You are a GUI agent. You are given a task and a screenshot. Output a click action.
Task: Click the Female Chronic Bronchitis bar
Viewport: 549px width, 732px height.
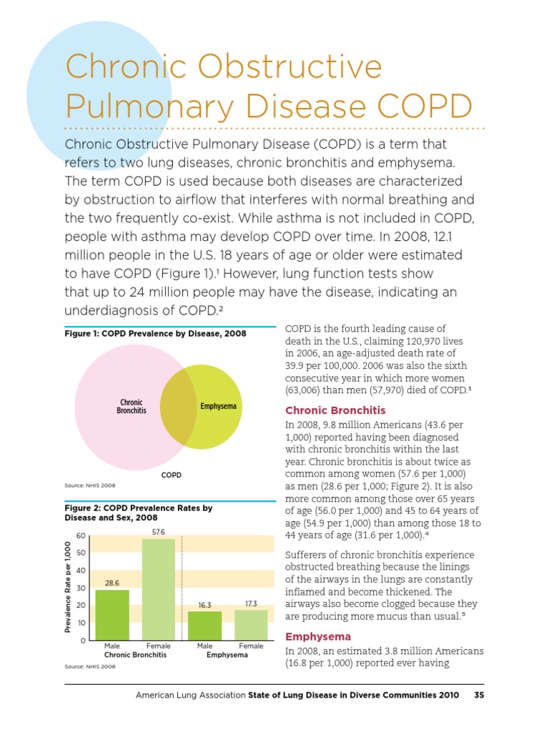click(x=159, y=590)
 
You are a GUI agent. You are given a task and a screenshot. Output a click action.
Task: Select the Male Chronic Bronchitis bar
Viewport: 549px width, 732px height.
click(x=112, y=615)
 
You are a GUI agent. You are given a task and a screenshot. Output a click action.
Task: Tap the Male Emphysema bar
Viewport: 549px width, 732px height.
click(x=204, y=625)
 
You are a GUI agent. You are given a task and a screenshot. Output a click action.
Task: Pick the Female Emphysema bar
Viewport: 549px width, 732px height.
click(x=251, y=625)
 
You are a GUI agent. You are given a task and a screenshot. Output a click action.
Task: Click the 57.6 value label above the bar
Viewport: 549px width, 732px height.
click(x=159, y=532)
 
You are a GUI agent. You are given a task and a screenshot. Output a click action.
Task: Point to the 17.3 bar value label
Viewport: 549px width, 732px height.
click(x=251, y=603)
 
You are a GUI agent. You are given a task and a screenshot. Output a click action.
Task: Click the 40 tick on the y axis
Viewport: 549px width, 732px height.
click(x=81, y=570)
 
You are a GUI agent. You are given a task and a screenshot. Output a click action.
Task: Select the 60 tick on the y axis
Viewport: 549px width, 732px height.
click(x=81, y=535)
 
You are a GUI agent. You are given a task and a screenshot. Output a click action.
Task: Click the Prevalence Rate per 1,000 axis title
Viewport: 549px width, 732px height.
click(x=68, y=587)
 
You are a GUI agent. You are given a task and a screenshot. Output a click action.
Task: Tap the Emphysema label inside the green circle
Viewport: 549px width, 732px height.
click(x=219, y=406)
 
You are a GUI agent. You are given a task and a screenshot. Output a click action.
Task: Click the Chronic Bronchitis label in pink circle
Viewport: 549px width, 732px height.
click(x=132, y=406)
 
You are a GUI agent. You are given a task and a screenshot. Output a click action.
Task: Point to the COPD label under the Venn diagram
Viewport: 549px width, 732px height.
click(x=172, y=475)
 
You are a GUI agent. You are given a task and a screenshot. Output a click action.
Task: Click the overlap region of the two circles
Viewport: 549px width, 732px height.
click(x=179, y=407)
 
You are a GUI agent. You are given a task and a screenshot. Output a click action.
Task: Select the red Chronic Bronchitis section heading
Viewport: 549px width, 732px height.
click(x=335, y=410)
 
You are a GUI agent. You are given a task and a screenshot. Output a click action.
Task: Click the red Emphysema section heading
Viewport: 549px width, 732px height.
click(x=318, y=637)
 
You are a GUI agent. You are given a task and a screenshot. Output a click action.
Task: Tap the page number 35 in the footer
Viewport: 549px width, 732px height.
click(x=479, y=695)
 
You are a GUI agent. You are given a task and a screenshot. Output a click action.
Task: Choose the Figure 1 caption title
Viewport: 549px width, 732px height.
click(x=155, y=333)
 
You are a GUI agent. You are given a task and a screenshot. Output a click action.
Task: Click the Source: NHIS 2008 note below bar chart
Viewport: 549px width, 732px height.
click(x=89, y=666)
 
